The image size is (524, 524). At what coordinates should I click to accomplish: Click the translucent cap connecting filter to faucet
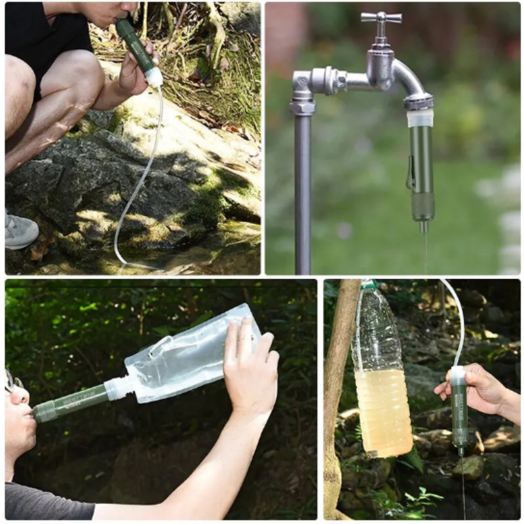coord(420,118)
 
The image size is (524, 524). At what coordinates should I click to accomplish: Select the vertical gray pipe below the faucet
coord(302,196)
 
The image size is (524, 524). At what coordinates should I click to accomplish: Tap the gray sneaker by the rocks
coord(20,231)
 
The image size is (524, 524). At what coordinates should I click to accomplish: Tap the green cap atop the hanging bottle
coord(369,285)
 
